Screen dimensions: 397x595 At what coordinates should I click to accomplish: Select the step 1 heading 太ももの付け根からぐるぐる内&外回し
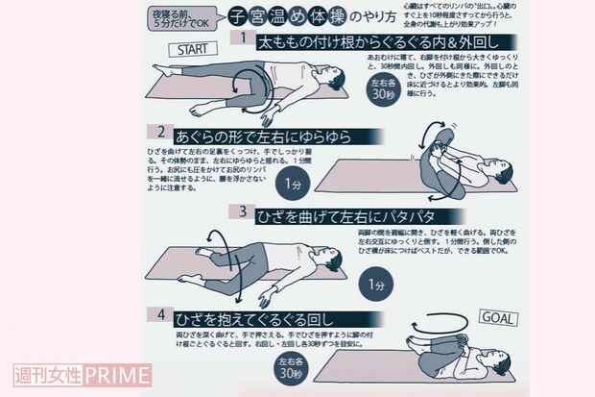point(369,39)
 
